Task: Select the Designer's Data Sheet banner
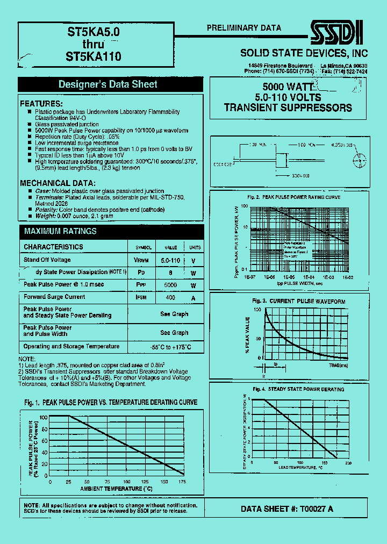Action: point(107,84)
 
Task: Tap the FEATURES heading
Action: point(41,103)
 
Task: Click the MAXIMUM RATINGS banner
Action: point(60,231)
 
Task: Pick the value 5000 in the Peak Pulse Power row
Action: point(170,285)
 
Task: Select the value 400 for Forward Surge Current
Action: point(170,297)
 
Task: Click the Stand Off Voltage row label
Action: point(47,260)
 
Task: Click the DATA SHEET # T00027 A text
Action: point(286,509)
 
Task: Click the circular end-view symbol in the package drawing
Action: point(359,159)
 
